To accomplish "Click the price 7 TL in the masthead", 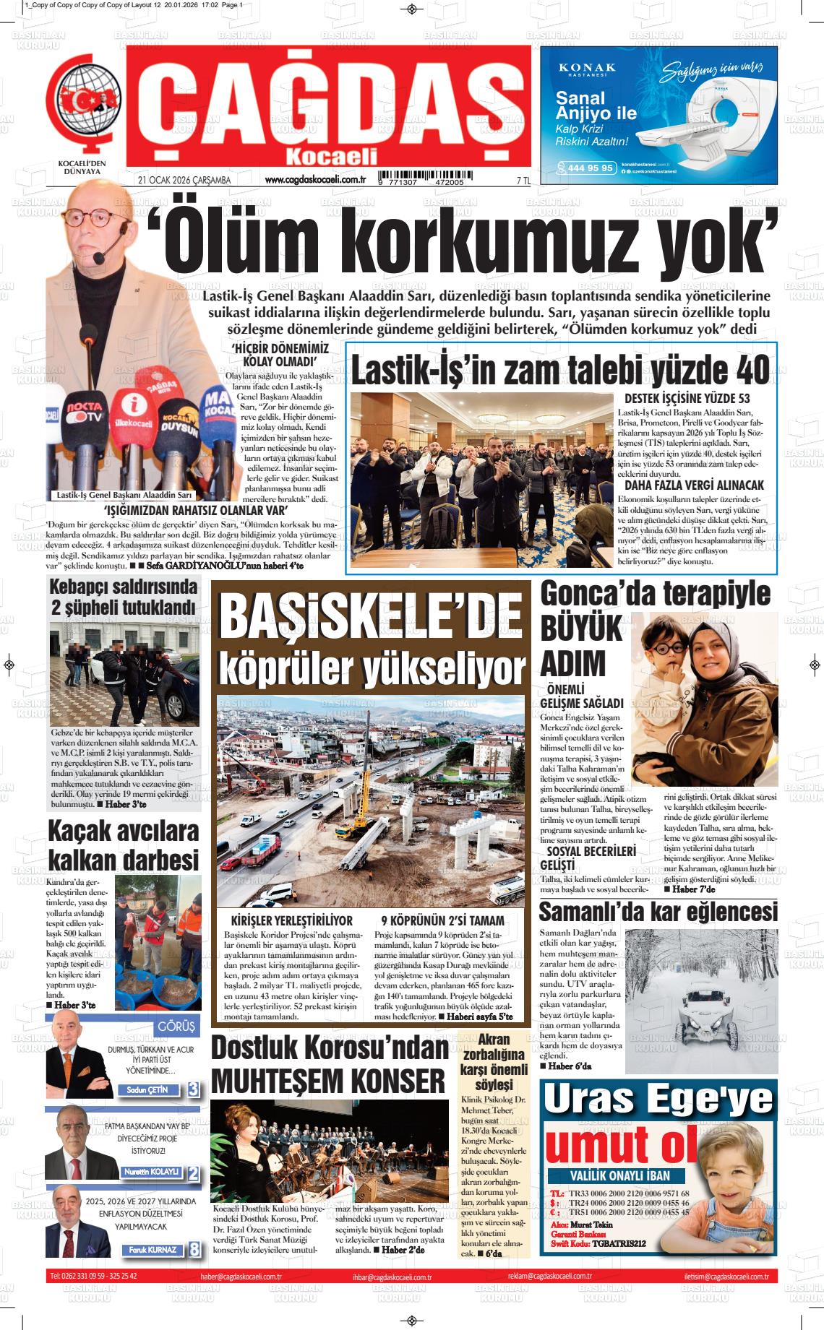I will (x=523, y=181).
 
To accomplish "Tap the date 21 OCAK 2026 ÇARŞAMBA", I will (x=184, y=181).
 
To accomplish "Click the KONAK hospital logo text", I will (x=587, y=68).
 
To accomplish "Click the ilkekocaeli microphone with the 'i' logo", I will (x=132, y=413).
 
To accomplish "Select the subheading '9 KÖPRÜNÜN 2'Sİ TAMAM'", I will (x=442, y=921).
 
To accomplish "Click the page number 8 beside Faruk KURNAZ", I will (x=194, y=1249).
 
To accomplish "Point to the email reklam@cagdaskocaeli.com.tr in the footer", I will (x=549, y=1277).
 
